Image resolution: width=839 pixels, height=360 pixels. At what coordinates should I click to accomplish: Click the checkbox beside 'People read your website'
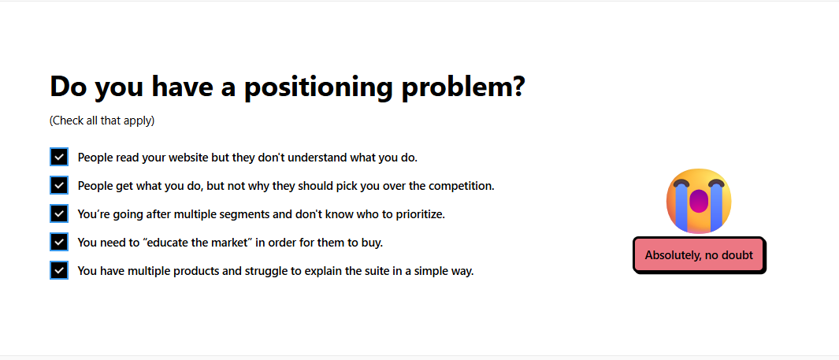pos(59,158)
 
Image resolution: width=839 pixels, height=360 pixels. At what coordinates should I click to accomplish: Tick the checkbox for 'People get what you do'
pos(59,186)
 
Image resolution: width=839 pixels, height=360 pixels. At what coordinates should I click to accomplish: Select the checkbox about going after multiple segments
pos(59,214)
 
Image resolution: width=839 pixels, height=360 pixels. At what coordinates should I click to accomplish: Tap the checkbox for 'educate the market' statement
pos(59,243)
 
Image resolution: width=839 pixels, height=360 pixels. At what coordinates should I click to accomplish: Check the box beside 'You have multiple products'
pos(59,271)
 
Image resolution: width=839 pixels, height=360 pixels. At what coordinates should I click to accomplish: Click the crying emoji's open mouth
pos(699,201)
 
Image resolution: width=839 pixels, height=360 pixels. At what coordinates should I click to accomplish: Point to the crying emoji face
pos(699,201)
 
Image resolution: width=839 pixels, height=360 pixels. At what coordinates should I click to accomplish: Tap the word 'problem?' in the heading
pos(463,87)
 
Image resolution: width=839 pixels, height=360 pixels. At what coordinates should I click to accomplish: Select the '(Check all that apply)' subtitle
pos(102,121)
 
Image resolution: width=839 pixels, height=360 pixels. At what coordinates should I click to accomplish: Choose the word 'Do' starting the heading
pos(69,87)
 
